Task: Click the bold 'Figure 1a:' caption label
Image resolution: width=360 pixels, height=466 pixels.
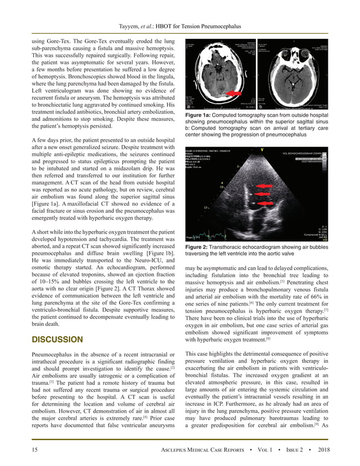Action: (x=199, y=115)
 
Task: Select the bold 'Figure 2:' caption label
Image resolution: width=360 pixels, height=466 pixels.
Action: (x=197, y=247)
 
